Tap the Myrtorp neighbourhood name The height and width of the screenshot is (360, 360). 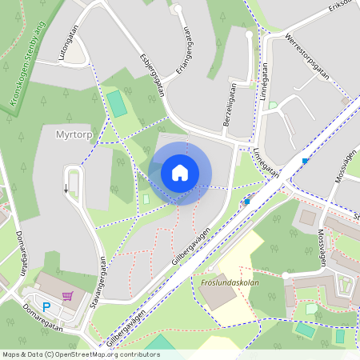[75, 134]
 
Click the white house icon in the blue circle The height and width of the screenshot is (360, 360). [180, 173]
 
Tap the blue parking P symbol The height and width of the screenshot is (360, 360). [46, 307]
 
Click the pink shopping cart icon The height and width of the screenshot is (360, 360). [68, 296]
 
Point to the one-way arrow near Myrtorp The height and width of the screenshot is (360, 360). [66, 189]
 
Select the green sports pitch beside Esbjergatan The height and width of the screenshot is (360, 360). [118, 103]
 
